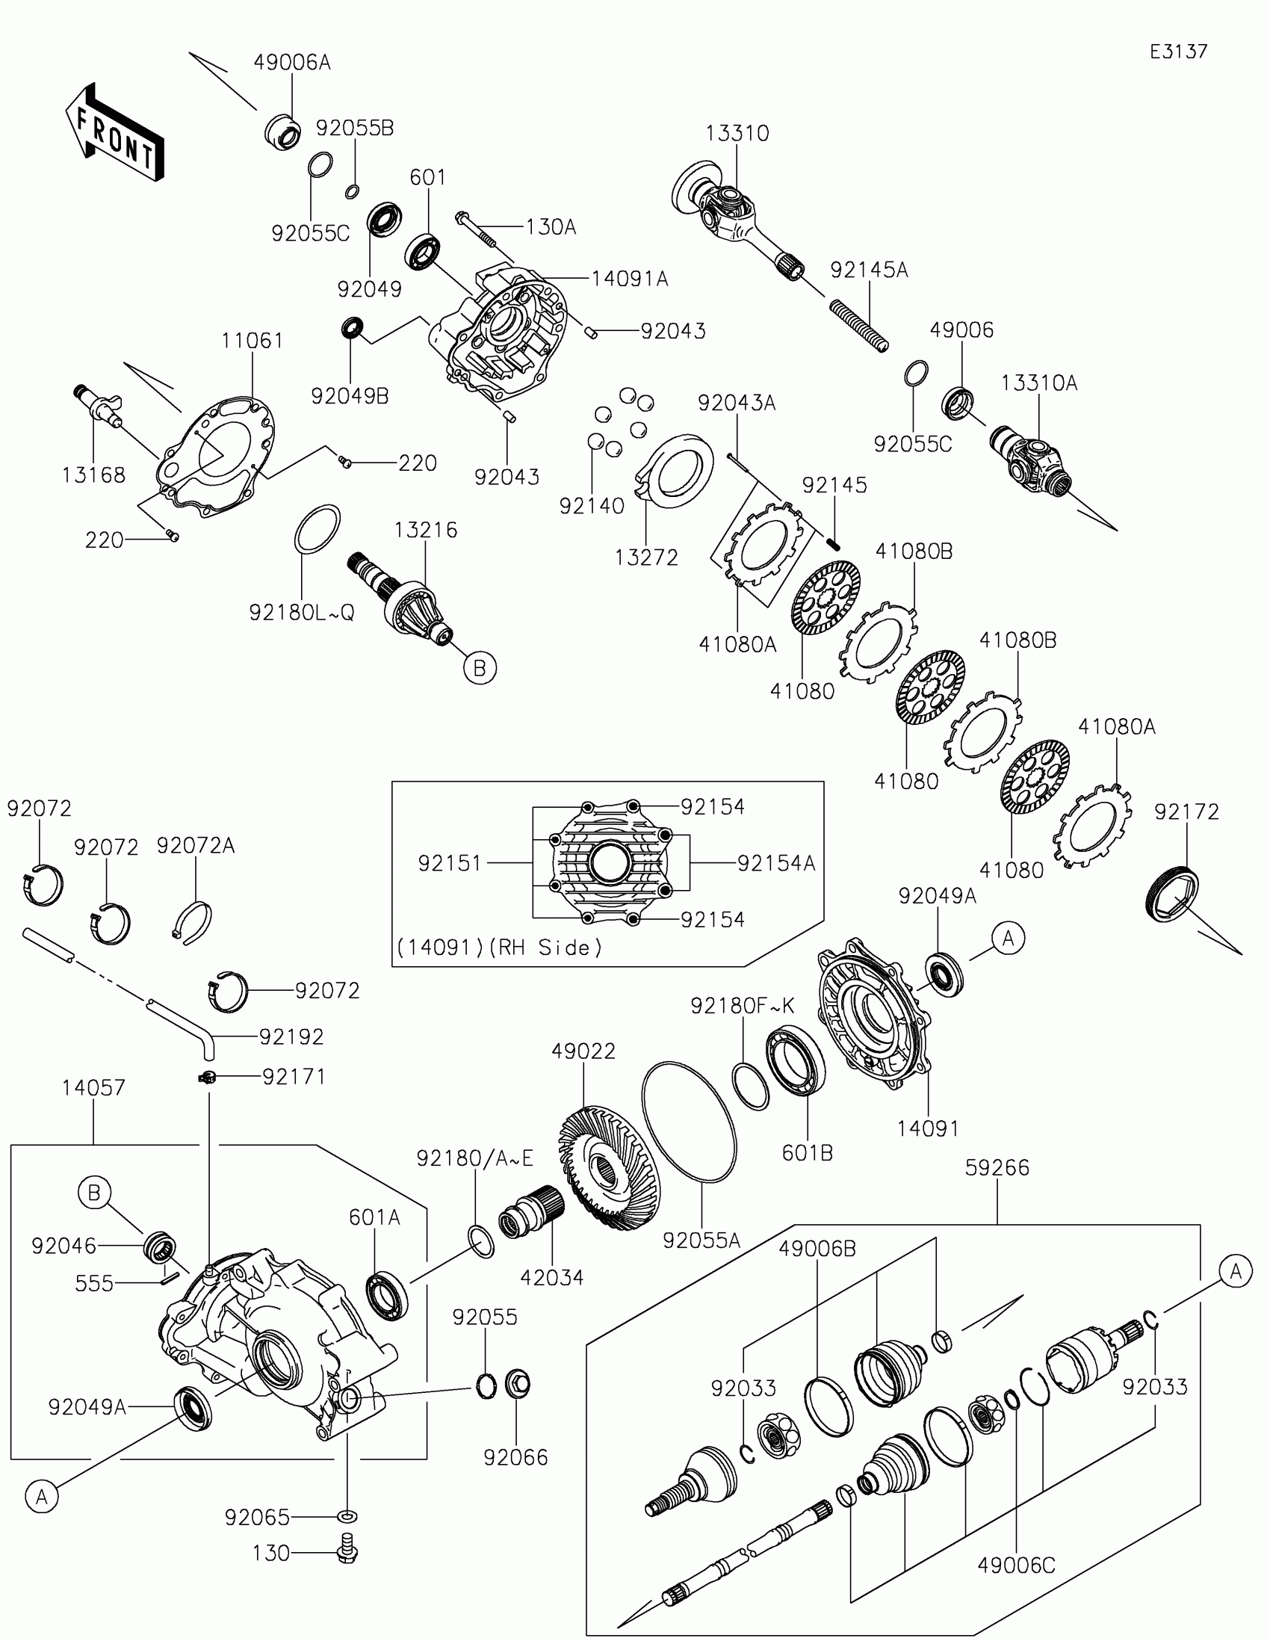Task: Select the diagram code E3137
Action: [x=1178, y=52]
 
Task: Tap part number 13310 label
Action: [x=737, y=133]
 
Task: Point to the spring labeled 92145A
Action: [x=859, y=325]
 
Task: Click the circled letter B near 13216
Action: [x=480, y=667]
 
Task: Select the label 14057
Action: [x=94, y=1087]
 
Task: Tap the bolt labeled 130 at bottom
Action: [x=347, y=1552]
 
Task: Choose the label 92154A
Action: [x=775, y=863]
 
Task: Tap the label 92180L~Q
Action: [x=301, y=613]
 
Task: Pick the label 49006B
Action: [x=817, y=1249]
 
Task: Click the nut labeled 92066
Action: [x=518, y=1384]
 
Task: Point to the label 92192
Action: [x=291, y=1036]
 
